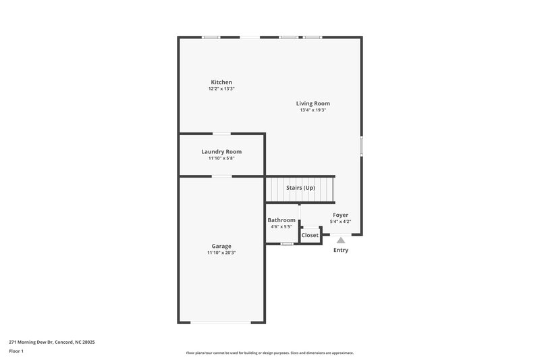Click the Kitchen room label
[x=221, y=82]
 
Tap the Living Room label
[x=313, y=103]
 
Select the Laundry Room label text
[x=221, y=152]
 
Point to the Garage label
[x=221, y=247]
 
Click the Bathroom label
[x=281, y=220]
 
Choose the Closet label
[x=310, y=235]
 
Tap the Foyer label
[x=340, y=215]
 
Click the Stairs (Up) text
[x=300, y=188]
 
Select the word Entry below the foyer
[x=341, y=251]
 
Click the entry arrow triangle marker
[x=341, y=240]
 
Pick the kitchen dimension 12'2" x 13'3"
[x=221, y=89]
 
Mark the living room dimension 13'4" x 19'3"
[x=313, y=110]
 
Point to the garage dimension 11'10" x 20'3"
[x=221, y=253]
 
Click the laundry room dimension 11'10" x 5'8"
[x=221, y=159]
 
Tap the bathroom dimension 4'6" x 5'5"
[x=281, y=227]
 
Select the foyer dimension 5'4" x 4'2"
[x=340, y=222]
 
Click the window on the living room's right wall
[x=361, y=145]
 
